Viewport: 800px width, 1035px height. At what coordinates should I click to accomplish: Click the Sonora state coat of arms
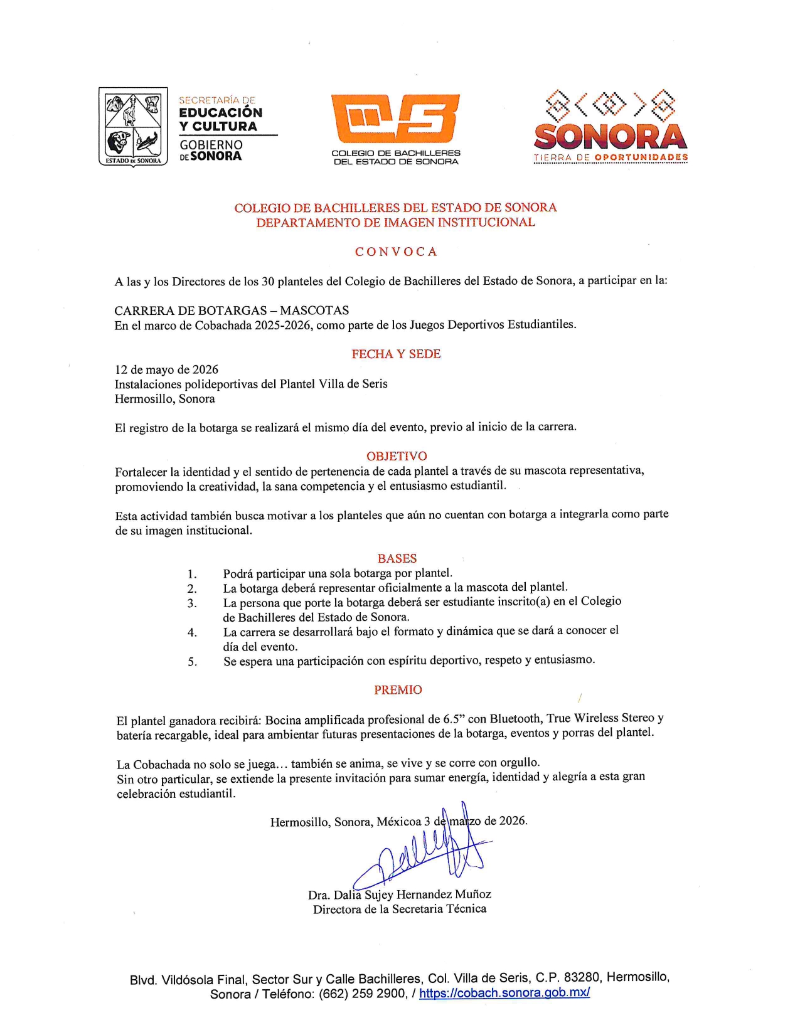[x=133, y=126]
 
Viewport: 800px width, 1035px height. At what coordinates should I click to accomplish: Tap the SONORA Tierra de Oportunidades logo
[x=611, y=127]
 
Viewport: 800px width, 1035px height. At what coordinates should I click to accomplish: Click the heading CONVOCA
[x=396, y=252]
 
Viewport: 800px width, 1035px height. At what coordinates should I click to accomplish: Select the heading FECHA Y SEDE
[x=396, y=354]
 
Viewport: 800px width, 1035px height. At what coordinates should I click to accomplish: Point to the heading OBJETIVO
[x=397, y=456]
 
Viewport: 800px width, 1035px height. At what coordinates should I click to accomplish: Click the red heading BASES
[x=397, y=558]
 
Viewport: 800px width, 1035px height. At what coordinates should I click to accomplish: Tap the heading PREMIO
[x=398, y=690]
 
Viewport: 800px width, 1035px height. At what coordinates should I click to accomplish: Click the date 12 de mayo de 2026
[x=166, y=369]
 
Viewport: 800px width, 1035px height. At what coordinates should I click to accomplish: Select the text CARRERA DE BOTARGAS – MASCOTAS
[x=232, y=310]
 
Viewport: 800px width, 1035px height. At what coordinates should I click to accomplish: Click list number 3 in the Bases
[x=192, y=603]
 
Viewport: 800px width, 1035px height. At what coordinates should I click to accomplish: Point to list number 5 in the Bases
[x=192, y=662]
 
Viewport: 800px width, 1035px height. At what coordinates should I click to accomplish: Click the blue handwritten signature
[x=427, y=850]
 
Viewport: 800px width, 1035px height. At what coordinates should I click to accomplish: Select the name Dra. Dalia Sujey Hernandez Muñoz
[x=400, y=894]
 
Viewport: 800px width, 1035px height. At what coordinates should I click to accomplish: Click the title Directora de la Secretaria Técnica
[x=400, y=909]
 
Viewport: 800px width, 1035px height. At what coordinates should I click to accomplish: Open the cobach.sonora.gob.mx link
[x=504, y=993]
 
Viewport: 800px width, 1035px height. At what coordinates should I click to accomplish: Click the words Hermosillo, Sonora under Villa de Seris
[x=164, y=399]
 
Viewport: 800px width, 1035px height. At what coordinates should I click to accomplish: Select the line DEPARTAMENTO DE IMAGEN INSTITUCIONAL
[x=395, y=223]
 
